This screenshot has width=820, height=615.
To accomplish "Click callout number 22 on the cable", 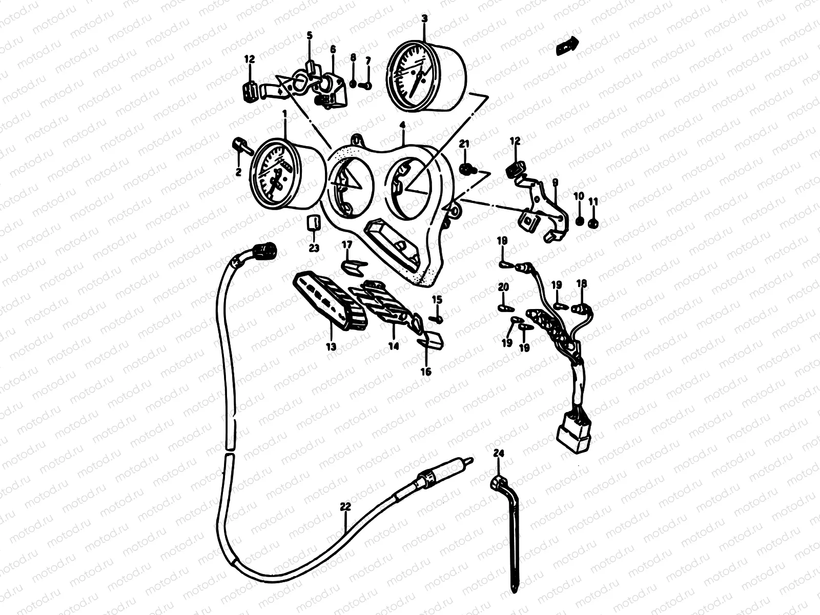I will (x=345, y=507).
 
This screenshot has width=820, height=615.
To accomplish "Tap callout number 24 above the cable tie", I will (x=499, y=453).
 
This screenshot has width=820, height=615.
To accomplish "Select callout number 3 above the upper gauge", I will (x=424, y=19).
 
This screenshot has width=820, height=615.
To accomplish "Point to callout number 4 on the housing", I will (x=403, y=125).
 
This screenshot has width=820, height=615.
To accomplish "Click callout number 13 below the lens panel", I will (x=331, y=347).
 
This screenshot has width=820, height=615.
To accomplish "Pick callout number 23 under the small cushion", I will (x=314, y=248).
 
